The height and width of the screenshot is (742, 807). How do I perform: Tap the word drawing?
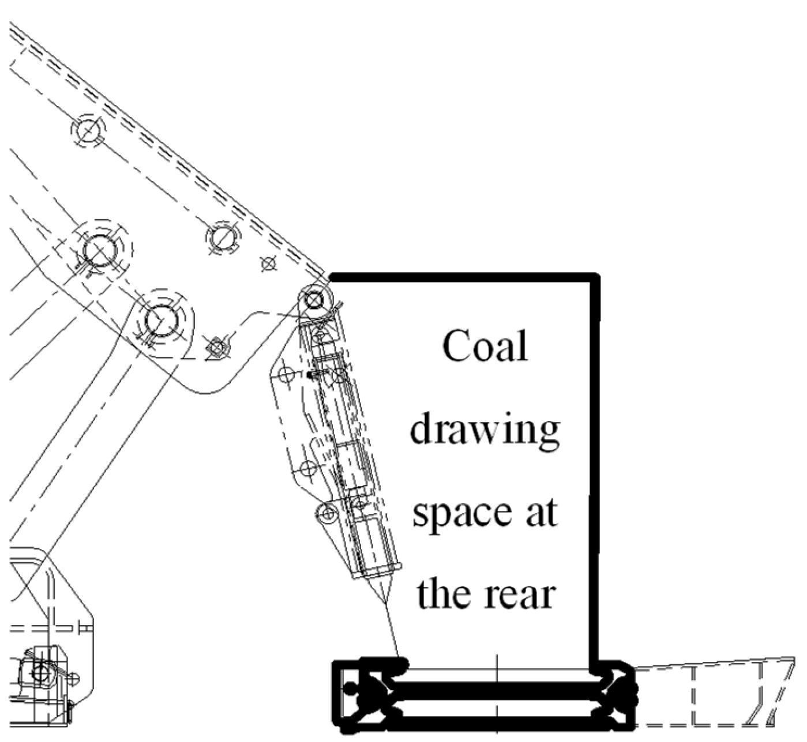[x=485, y=431]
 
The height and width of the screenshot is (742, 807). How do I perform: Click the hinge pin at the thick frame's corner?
[x=314, y=300]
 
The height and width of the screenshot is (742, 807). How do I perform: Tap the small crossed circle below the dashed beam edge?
[x=268, y=264]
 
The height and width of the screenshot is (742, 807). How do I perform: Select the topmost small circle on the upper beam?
[x=88, y=131]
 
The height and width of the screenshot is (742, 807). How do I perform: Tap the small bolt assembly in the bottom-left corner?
[x=40, y=671]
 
